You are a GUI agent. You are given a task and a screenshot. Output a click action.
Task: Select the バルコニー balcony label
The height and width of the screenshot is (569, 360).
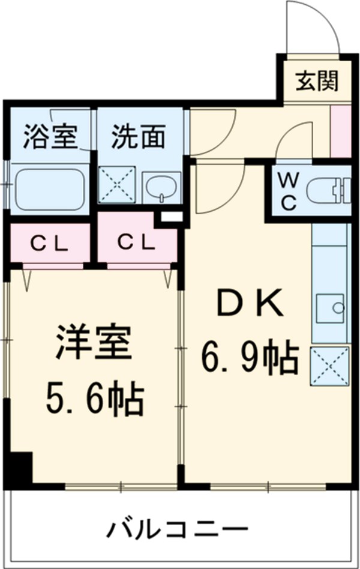point(178,530)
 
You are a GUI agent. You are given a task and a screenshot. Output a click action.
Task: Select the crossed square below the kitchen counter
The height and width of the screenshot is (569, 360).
point(328,366)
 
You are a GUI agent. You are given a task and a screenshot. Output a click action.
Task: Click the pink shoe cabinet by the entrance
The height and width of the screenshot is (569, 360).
point(341,131)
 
